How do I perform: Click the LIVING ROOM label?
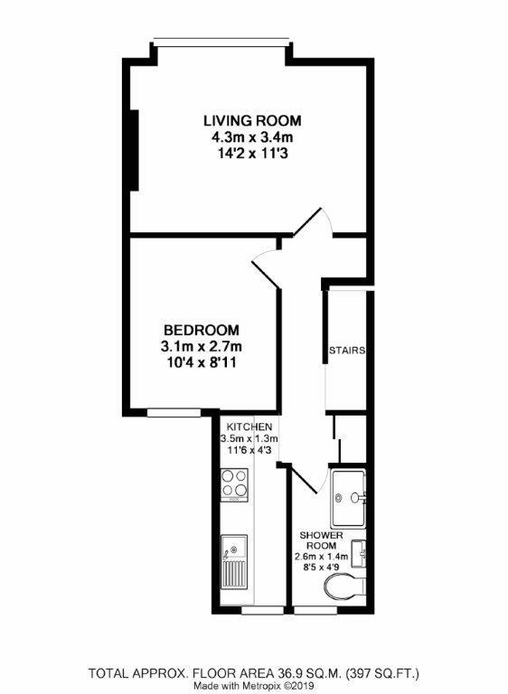point(251,121)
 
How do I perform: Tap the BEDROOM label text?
point(201,330)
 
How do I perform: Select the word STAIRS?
point(346,351)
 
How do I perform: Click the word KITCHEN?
point(249,426)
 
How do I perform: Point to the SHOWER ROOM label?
point(323,541)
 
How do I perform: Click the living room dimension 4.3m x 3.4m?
point(251,137)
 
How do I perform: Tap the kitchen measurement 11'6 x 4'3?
point(250,451)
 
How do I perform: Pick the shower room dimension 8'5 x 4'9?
point(323,567)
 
